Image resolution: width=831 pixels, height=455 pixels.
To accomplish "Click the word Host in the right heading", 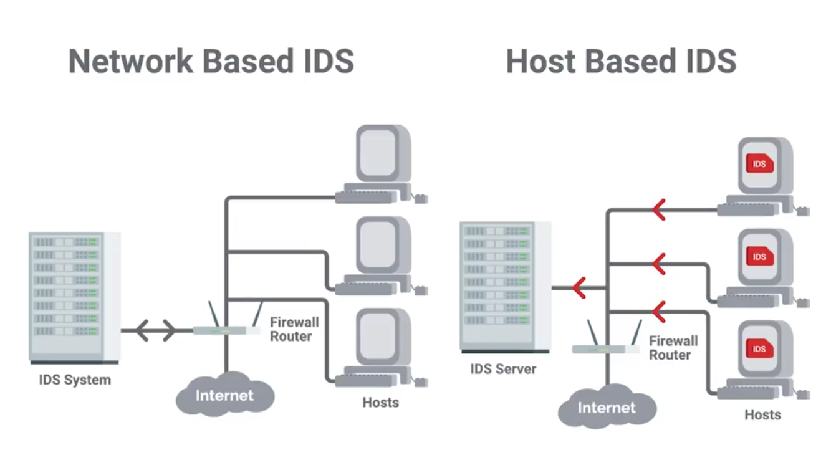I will (x=540, y=61).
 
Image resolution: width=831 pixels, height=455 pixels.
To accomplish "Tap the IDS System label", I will (x=75, y=380).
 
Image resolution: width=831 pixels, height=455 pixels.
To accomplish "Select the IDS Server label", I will (x=503, y=368).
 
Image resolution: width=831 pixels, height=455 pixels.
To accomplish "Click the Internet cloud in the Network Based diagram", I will (x=225, y=395).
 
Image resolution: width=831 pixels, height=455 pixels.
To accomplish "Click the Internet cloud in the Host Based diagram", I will (x=607, y=408).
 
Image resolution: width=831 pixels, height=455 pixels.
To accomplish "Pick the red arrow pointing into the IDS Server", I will (x=579, y=287).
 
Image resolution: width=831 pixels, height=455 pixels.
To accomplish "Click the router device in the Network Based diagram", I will (x=226, y=329).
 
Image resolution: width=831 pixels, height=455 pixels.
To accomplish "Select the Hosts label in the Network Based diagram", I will (x=380, y=402).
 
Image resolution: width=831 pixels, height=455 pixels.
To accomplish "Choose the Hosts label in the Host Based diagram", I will (x=762, y=414).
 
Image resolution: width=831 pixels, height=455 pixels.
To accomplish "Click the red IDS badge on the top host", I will (x=759, y=164).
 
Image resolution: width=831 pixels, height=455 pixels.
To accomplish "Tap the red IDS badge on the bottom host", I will (x=759, y=348).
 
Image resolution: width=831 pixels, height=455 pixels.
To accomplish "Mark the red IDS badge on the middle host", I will (x=759, y=256).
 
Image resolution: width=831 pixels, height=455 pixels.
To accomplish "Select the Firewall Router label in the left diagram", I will (x=294, y=329).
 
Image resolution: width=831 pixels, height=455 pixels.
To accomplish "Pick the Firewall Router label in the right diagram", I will (x=673, y=348).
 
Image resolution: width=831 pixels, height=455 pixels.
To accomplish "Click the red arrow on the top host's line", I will (x=658, y=210).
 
